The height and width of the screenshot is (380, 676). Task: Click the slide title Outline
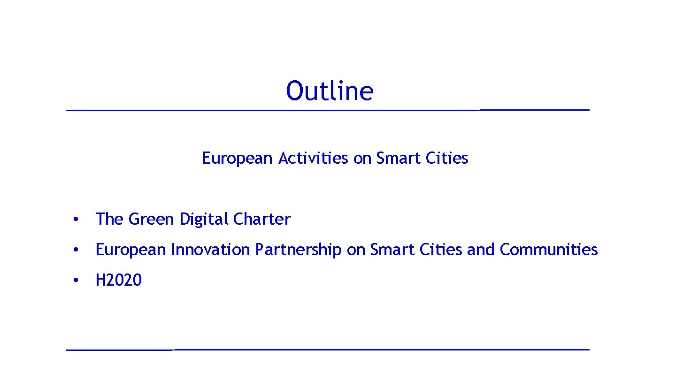coord(330,91)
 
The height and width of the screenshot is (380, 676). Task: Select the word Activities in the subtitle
coord(313,159)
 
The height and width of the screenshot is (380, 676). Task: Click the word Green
coord(151,219)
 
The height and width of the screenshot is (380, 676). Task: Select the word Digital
coord(204,219)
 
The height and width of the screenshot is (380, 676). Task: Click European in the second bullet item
coord(131,250)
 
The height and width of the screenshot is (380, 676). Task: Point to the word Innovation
coord(210,250)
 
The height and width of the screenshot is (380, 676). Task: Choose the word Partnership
coord(298,250)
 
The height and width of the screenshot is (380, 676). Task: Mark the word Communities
coord(549,250)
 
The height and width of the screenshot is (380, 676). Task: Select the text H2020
coord(118,281)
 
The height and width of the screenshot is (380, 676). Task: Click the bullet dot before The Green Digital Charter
coord(75,220)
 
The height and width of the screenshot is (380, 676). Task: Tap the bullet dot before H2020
coord(75,281)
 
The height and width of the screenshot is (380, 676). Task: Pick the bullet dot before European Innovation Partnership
coord(75,250)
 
